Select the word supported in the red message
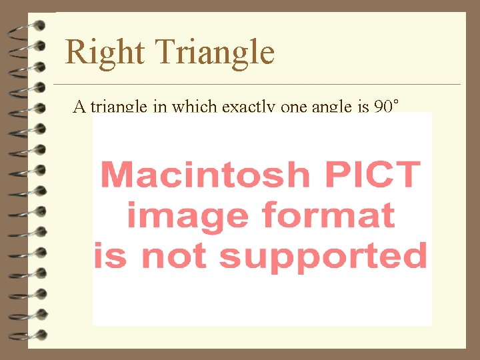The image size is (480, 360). pos(323,256)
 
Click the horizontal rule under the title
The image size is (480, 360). pos(257,85)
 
